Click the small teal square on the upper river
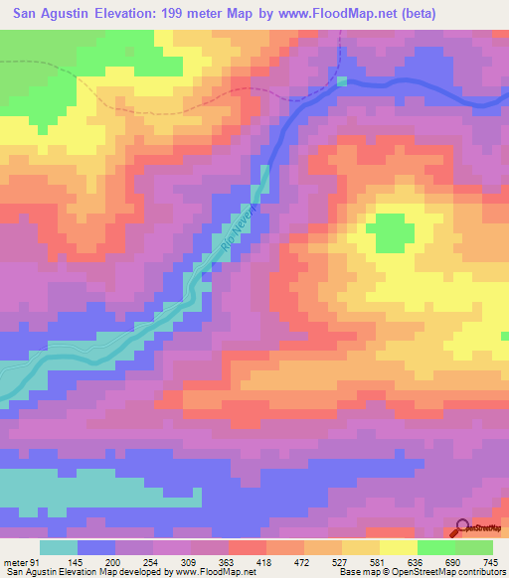343,81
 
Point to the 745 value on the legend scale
489,562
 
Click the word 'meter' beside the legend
14,562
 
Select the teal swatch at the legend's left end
59,547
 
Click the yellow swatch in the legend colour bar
398,547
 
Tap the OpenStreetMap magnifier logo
461,528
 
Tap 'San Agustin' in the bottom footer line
29,572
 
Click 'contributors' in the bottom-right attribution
482,572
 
